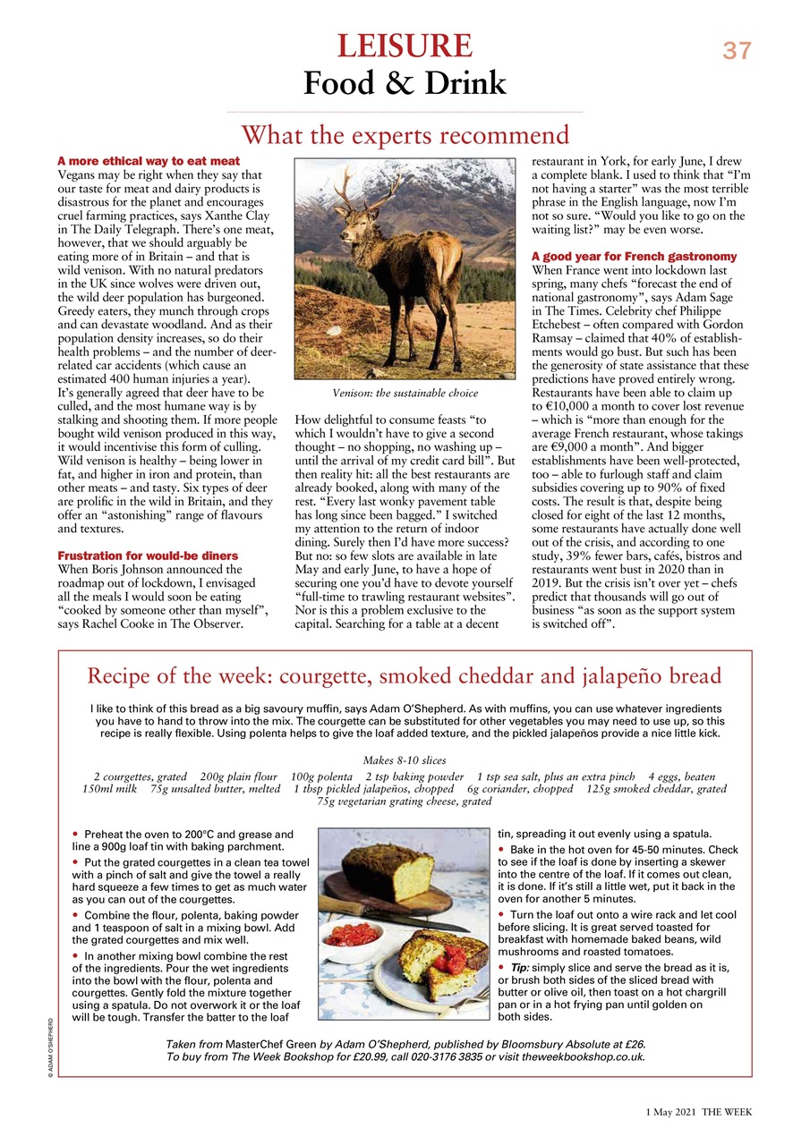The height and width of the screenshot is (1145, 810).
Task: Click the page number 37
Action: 738,51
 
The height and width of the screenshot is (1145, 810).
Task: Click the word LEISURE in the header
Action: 405,46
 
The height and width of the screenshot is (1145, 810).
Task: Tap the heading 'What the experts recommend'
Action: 405,135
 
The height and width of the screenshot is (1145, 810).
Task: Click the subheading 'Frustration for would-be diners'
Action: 149,556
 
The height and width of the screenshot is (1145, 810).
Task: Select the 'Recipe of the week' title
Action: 404,675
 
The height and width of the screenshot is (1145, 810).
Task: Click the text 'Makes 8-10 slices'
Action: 405,759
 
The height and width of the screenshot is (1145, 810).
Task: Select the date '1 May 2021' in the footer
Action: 671,1112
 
